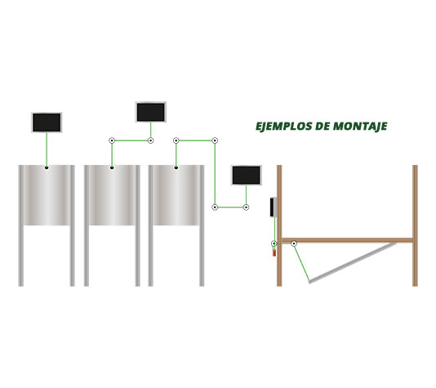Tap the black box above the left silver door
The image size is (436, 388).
tap(47, 123)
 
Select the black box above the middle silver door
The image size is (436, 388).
tap(151, 111)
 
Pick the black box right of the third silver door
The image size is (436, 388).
tap(246, 174)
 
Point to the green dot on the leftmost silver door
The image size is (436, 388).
tap(47, 167)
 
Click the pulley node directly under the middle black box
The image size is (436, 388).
tap(151, 140)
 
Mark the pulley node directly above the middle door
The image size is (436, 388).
tap(112, 140)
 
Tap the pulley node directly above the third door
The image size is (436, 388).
tap(176, 140)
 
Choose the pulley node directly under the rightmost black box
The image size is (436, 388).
tap(246, 207)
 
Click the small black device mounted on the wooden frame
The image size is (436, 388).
tap(273, 207)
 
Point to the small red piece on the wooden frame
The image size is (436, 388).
tap(274, 253)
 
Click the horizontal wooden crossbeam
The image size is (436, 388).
tap(351, 240)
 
